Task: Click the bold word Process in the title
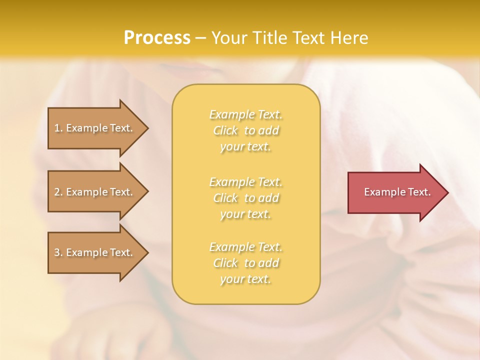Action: pyautogui.click(x=157, y=38)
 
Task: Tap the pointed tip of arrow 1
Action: pyautogui.click(x=147, y=128)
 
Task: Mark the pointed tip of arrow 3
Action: pyautogui.click(x=147, y=252)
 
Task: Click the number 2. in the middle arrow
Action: pyautogui.click(x=58, y=192)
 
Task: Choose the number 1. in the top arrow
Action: pyautogui.click(x=58, y=128)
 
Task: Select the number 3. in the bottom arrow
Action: pyautogui.click(x=58, y=252)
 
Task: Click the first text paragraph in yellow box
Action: pyautogui.click(x=246, y=130)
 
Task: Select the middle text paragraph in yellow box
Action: pyautogui.click(x=246, y=198)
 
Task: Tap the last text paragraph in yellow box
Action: pyautogui.click(x=246, y=263)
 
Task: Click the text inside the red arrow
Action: pyautogui.click(x=397, y=192)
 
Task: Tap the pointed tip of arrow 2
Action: pyautogui.click(x=147, y=192)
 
